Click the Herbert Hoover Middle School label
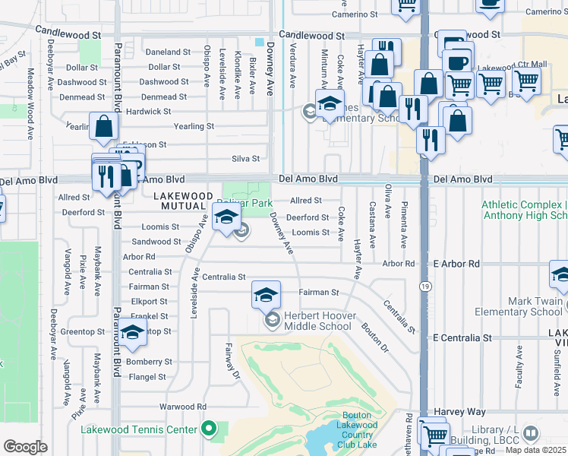tap(317, 321)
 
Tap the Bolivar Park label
tap(245, 203)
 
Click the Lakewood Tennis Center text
tap(139, 429)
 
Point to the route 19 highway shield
tap(424, 285)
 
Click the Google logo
tap(25, 447)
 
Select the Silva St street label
tap(245, 159)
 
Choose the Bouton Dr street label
tap(375, 337)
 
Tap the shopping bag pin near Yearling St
tap(103, 126)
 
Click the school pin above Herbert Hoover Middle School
tap(267, 295)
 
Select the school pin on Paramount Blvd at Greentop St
tap(132, 332)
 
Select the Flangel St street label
tap(147, 377)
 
